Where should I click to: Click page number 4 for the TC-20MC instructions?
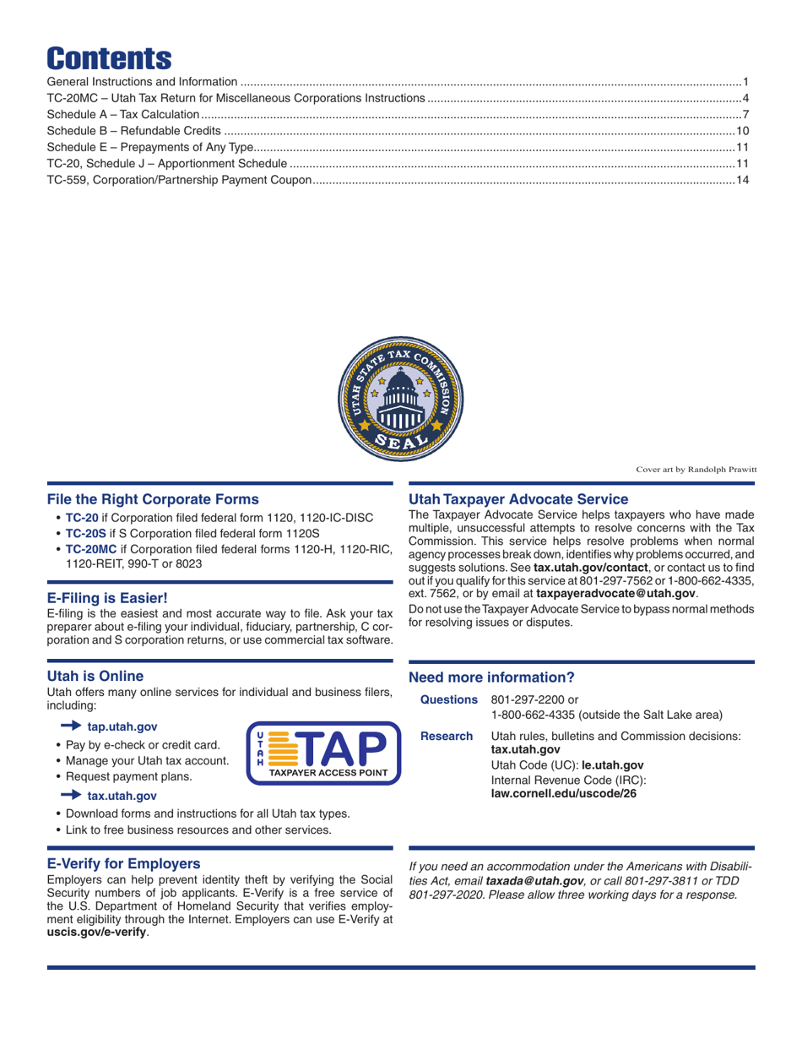click(x=746, y=98)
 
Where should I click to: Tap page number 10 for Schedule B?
click(x=743, y=130)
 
